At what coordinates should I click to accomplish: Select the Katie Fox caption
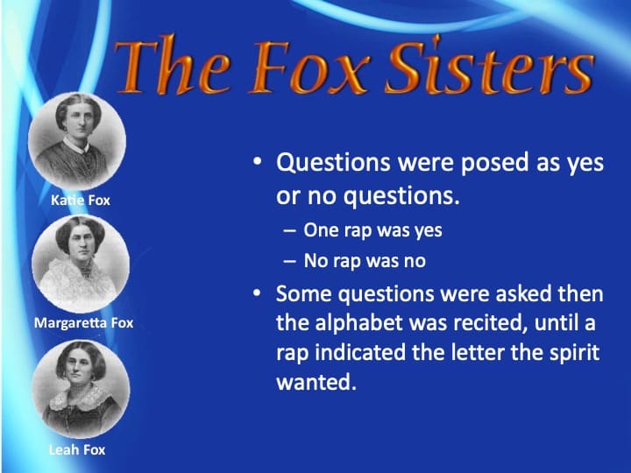[81, 200]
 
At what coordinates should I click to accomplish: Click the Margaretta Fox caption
[83, 322]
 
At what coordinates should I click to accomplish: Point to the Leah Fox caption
[78, 450]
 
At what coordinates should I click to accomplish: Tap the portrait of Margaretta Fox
[80, 262]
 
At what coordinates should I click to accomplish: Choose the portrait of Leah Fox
[81, 388]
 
